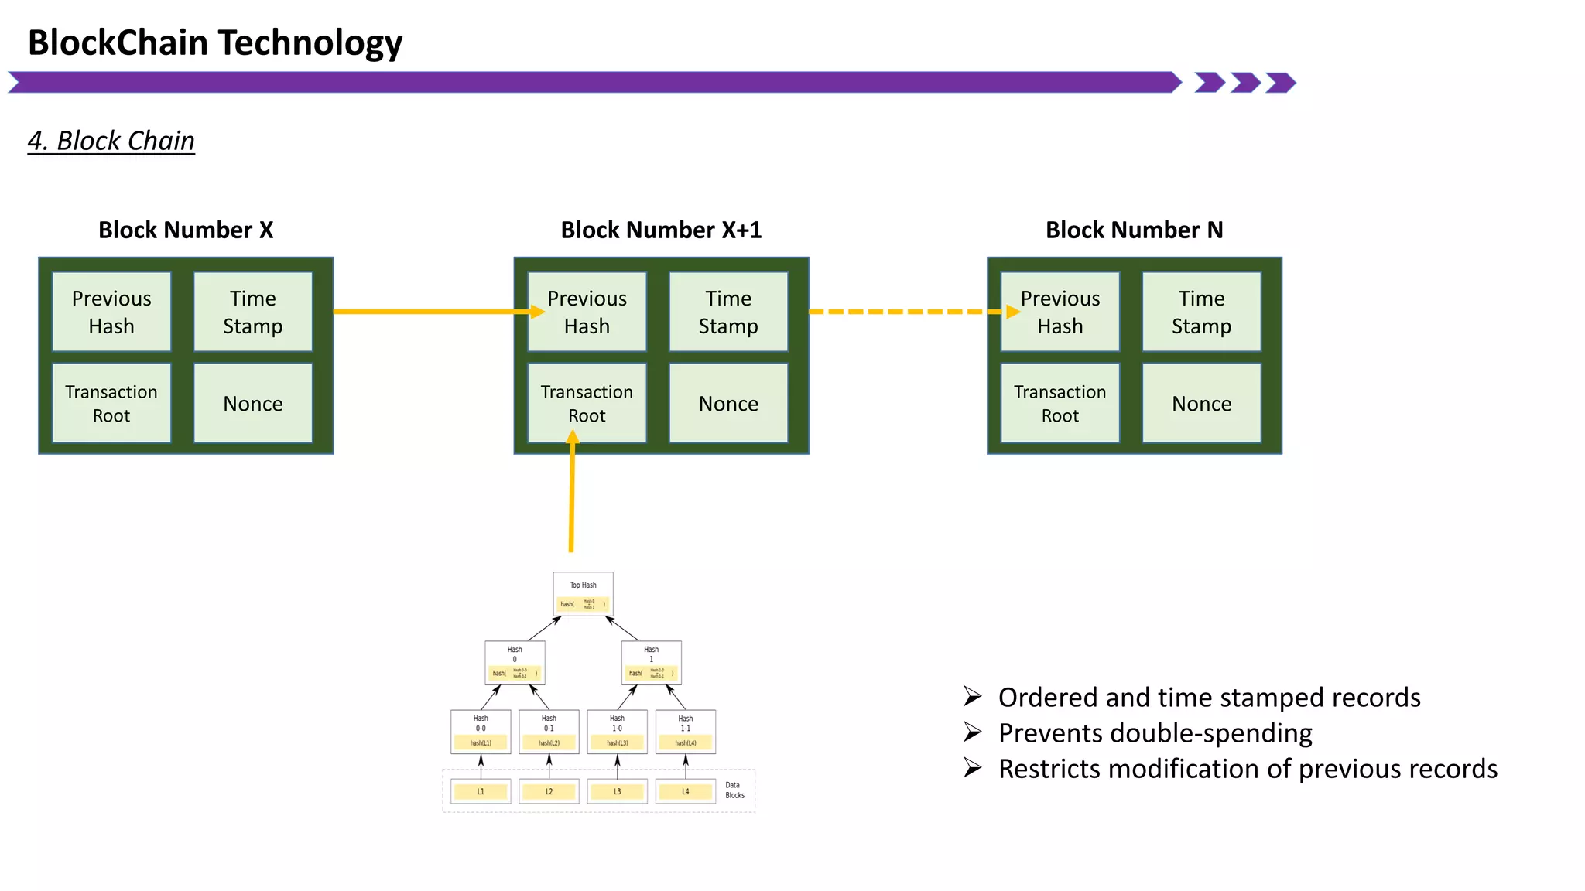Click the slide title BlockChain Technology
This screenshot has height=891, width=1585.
[215, 43]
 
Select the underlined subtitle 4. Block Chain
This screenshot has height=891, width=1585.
[111, 141]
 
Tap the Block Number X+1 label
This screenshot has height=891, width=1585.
[661, 230]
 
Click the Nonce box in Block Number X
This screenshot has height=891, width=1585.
[253, 403]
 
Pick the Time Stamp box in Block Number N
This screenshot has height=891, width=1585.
[1201, 312]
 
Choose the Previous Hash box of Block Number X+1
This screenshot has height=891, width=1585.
[587, 312]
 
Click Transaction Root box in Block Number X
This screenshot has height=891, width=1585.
[111, 403]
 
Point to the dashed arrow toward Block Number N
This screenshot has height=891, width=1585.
[905, 312]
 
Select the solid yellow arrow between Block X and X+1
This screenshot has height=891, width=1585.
[433, 312]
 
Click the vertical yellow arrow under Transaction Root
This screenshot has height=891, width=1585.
[572, 495]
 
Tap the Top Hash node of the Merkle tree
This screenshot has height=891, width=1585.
[584, 594]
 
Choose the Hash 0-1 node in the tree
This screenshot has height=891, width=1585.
[549, 731]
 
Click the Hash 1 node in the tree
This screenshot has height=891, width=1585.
[652, 663]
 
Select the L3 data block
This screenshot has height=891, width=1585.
[617, 791]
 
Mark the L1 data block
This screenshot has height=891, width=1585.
[481, 791]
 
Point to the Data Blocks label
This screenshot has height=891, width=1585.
[734, 790]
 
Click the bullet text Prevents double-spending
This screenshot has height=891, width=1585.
[1155, 732]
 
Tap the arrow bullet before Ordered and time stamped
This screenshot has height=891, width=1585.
[972, 697]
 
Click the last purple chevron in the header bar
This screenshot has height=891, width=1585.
[1281, 83]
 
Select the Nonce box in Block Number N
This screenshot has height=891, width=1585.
[1201, 403]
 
